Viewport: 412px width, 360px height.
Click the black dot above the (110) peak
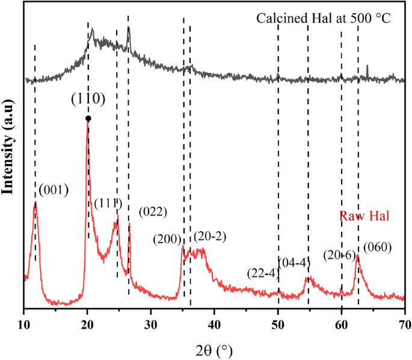pos(88,119)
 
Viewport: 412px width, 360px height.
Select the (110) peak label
pos(88,99)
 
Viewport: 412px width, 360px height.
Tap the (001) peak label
pos(54,191)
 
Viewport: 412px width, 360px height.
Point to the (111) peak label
pos(108,203)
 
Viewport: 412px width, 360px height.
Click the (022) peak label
pos(152,211)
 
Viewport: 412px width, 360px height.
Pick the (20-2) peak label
pos(209,235)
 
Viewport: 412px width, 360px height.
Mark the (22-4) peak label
pos(263,273)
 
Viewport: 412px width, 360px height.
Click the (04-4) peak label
pos(294,260)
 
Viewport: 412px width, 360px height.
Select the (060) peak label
pos(377,246)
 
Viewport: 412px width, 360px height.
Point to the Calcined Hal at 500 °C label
pos(324,18)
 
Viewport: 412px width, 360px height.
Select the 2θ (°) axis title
pos(214,349)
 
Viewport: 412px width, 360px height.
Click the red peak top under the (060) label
pos(358,255)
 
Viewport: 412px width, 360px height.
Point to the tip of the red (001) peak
pos(35,202)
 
